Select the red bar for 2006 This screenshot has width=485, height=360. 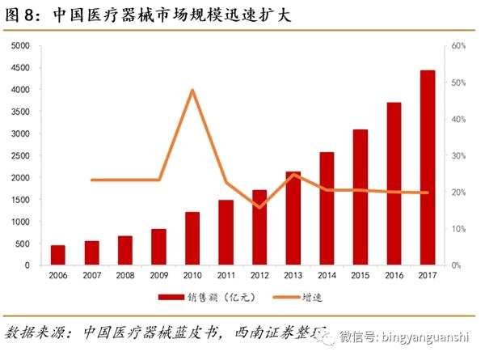pyautogui.click(x=58, y=255)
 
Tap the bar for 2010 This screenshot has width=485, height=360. pyautogui.click(x=192, y=239)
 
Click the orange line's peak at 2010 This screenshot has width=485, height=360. pyautogui.click(x=192, y=89)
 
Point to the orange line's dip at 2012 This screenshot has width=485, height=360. pyautogui.click(x=259, y=208)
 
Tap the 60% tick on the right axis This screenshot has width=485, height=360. pyautogui.click(x=458, y=46)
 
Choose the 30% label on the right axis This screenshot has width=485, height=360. pyautogui.click(x=458, y=155)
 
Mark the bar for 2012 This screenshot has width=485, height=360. pyautogui.click(x=259, y=227)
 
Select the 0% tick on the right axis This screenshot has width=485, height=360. pyautogui.click(x=456, y=265)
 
